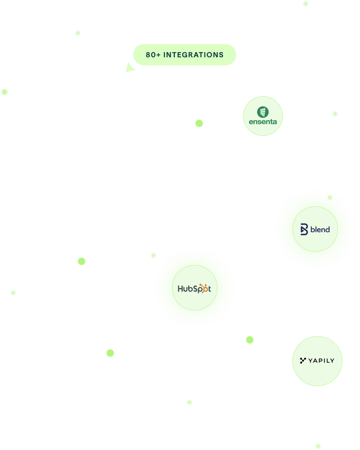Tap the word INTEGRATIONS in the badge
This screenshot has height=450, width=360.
pos(193,55)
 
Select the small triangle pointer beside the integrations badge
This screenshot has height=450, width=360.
pos(130,68)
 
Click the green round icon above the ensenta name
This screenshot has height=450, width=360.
pos(263,111)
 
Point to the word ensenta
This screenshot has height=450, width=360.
pos(263,122)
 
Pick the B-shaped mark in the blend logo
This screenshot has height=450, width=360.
pos(304,229)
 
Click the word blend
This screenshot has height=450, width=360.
pos(320,229)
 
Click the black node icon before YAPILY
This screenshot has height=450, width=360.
pos(303,360)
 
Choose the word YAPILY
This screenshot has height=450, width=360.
pos(321,361)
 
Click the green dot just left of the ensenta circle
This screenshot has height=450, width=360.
pos(199,123)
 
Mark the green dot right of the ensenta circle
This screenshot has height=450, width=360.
pos(335,114)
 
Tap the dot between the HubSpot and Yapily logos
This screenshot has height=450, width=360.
pos(250,340)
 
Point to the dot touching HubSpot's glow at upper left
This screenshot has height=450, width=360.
pos(153,255)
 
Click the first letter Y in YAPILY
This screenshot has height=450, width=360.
pos(310,361)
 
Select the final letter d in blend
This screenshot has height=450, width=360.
pos(328,229)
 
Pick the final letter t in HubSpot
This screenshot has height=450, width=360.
pos(209,289)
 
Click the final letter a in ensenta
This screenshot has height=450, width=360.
pos(274,122)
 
